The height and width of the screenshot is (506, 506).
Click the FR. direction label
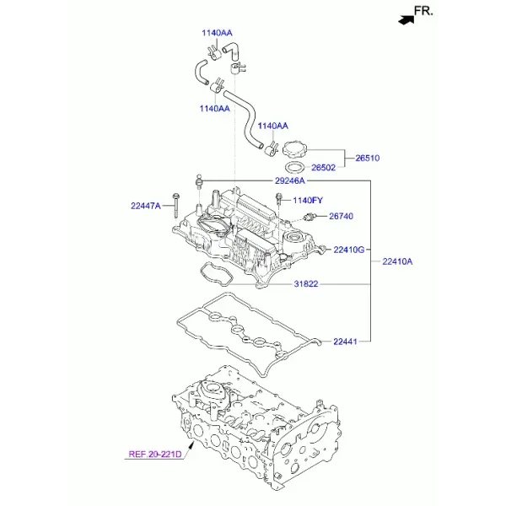(x=423, y=11)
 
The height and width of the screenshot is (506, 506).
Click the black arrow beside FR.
(x=406, y=20)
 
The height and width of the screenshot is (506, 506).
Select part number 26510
(x=368, y=159)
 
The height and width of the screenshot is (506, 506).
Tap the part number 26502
(x=323, y=168)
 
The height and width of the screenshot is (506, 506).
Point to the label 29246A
(x=290, y=180)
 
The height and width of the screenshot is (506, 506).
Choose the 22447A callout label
(x=146, y=206)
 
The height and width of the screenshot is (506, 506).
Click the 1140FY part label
(x=308, y=201)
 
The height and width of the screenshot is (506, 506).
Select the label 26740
(x=341, y=216)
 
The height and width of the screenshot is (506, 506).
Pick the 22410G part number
(x=349, y=250)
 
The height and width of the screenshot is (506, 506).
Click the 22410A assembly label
(x=397, y=261)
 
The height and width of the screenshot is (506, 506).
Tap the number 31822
(x=306, y=284)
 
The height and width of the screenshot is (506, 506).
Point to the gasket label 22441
(x=345, y=342)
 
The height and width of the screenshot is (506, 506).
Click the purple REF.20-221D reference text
(x=155, y=455)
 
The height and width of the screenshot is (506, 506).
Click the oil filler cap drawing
(x=294, y=148)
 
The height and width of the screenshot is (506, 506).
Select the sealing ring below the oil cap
(x=295, y=168)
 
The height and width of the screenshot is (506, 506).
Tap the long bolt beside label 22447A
(x=176, y=207)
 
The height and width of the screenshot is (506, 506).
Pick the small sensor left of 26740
(x=310, y=217)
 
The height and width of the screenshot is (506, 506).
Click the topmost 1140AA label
(x=217, y=33)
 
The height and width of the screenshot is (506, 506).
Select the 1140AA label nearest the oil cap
(x=272, y=126)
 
